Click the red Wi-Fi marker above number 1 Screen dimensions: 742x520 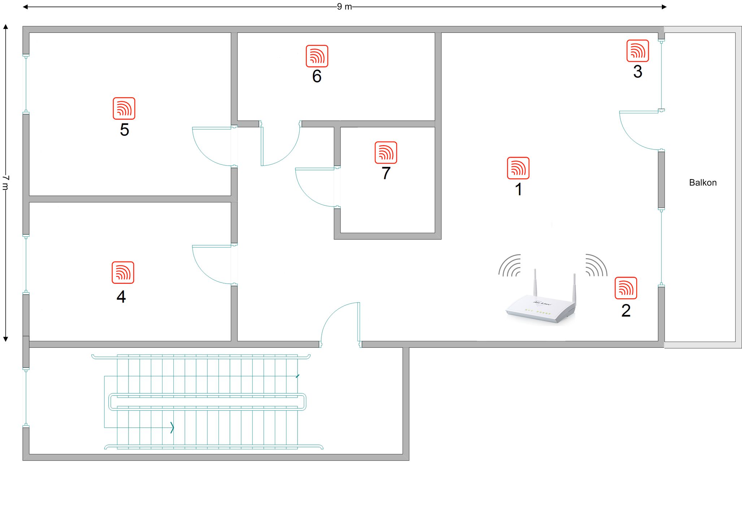(x=518, y=168)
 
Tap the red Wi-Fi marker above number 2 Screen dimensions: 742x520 (x=626, y=288)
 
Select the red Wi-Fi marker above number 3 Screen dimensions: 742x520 (x=638, y=51)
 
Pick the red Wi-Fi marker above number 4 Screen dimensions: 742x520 (x=123, y=272)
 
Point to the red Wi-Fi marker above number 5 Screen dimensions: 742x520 (x=124, y=108)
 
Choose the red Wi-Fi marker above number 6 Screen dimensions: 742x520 (x=317, y=56)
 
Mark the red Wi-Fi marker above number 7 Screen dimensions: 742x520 (x=386, y=152)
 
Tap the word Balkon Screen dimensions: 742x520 (x=703, y=182)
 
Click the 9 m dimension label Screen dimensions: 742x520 (x=344, y=6)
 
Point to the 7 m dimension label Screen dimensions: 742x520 (x=5, y=183)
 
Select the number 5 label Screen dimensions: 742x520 (x=124, y=130)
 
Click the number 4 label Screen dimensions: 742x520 (x=121, y=296)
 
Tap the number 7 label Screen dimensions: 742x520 (x=386, y=173)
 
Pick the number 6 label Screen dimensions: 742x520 (x=317, y=76)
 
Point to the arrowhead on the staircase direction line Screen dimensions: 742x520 (x=172, y=428)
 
